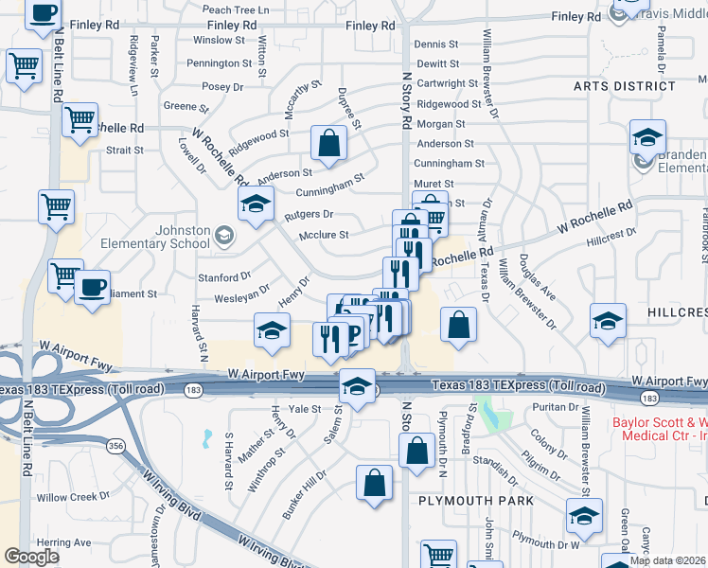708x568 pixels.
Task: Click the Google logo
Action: (32, 557)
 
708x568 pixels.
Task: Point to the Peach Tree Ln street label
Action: (236, 9)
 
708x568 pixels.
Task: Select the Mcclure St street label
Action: (325, 235)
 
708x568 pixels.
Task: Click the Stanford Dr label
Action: (223, 277)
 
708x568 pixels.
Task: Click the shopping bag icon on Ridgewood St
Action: (328, 144)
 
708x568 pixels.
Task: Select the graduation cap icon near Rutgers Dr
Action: (255, 205)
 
